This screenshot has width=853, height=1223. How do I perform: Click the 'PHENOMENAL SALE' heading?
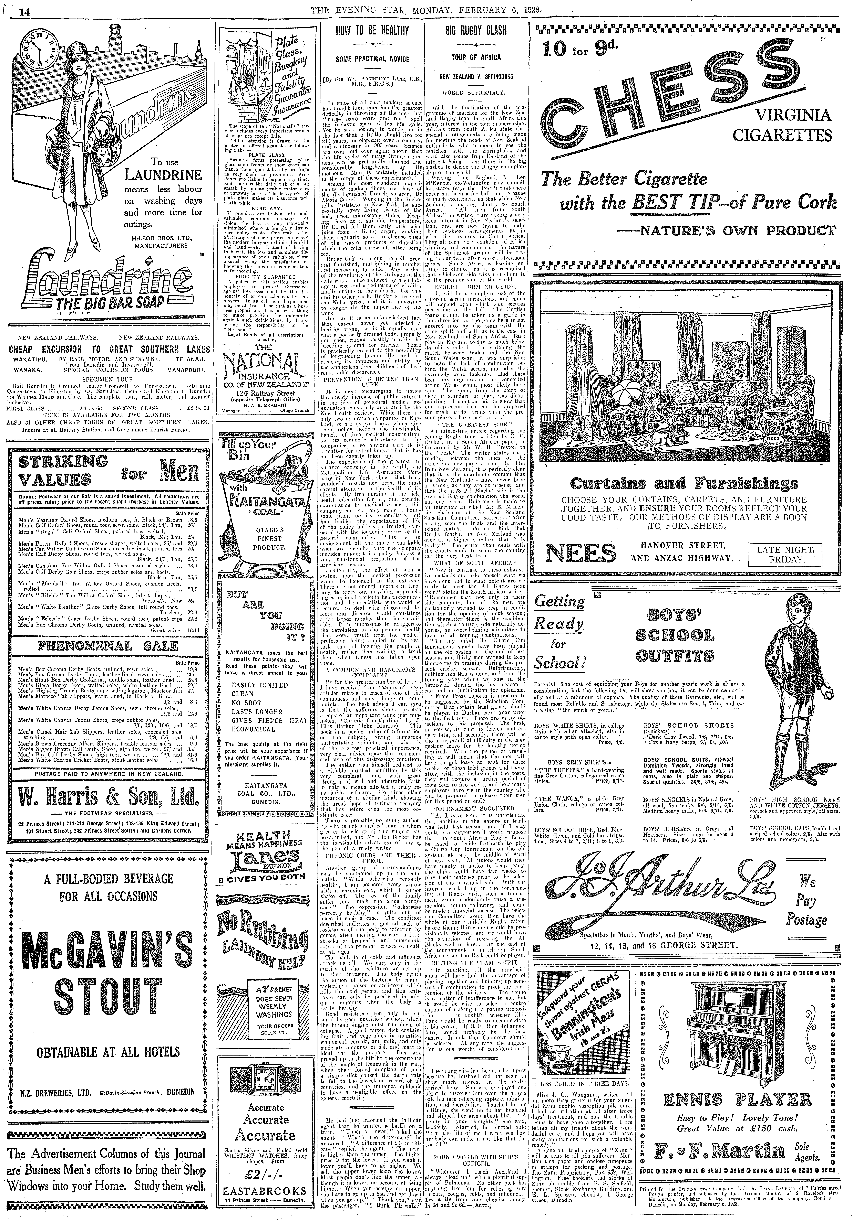105,646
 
